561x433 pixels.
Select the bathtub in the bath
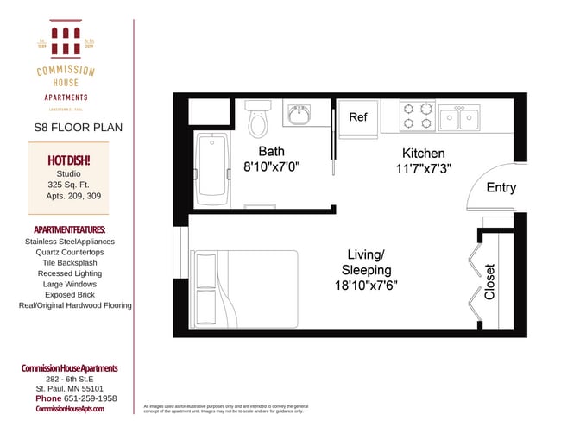point(211,168)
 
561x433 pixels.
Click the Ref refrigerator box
point(358,117)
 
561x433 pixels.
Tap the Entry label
point(501,187)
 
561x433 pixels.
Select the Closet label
point(490,281)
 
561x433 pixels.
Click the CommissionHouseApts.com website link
point(69,409)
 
